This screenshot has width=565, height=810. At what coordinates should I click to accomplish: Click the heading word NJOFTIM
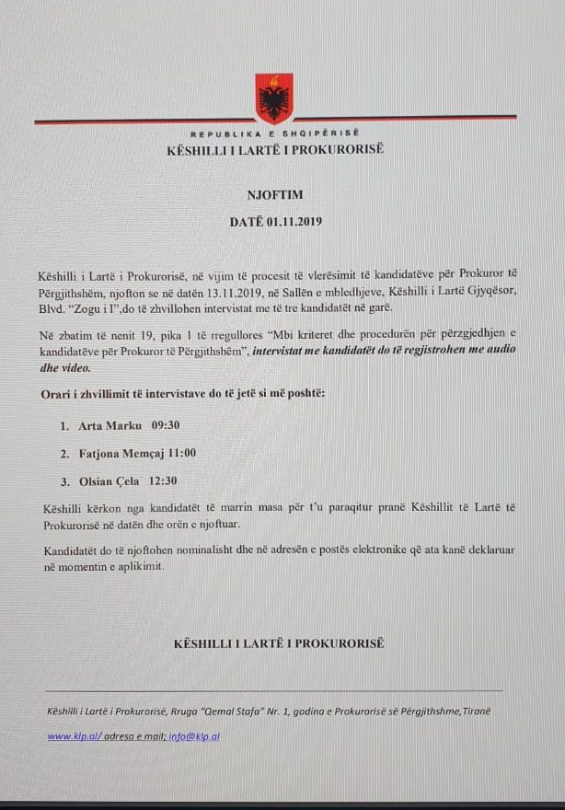tap(274, 195)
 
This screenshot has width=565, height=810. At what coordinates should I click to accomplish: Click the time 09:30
tap(166, 427)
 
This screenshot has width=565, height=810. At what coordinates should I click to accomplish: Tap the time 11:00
tap(180, 454)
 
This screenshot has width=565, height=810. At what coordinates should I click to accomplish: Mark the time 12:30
tap(162, 480)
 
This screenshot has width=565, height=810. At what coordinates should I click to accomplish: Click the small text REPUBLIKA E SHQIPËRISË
tap(274, 134)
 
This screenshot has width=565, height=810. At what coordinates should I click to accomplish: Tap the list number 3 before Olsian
tap(64, 480)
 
